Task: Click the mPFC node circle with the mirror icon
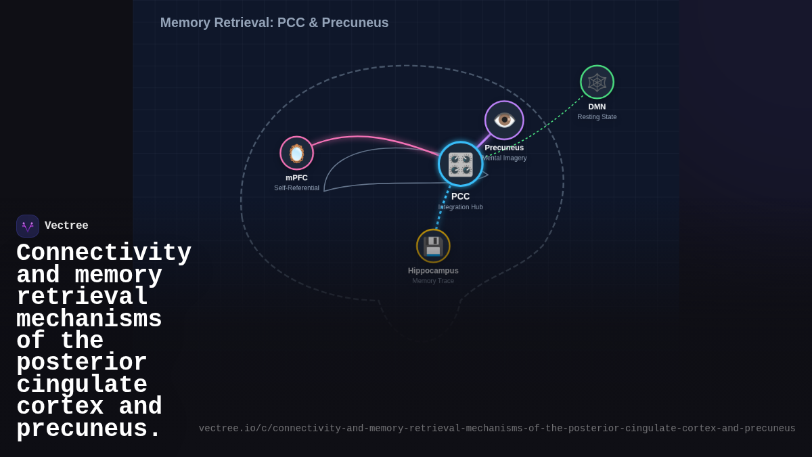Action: (x=296, y=153)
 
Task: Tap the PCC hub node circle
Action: (x=460, y=164)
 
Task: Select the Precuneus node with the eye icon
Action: (x=504, y=120)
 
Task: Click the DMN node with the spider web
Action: (x=597, y=82)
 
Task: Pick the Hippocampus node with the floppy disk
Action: (x=433, y=246)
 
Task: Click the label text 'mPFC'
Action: (x=296, y=177)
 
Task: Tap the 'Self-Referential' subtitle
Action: (x=296, y=188)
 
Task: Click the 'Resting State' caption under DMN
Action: (x=597, y=116)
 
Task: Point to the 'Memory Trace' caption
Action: (x=433, y=280)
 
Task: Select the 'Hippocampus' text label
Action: (x=433, y=270)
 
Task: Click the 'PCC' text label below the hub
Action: (x=460, y=196)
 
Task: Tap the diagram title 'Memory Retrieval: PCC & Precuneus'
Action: (x=274, y=22)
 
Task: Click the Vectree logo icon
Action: (x=28, y=226)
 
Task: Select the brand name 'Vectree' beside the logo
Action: (x=66, y=226)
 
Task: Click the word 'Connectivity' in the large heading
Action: (x=104, y=253)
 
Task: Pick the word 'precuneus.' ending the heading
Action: (x=89, y=429)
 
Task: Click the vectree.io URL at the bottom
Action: (x=497, y=429)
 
